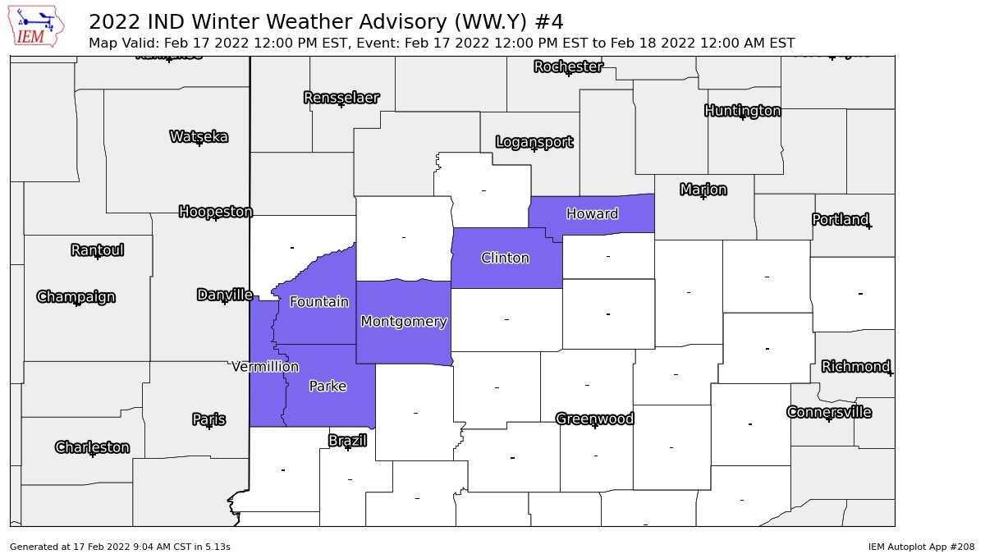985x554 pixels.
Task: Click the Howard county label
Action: [x=592, y=214]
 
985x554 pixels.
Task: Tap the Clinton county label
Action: [x=505, y=258]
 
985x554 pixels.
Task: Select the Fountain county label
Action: [x=319, y=302]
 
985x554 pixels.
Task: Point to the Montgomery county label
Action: [x=404, y=322]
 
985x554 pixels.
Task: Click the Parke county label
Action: [x=328, y=386]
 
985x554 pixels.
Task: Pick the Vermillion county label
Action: [x=265, y=366]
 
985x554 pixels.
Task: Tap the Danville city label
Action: [x=224, y=295]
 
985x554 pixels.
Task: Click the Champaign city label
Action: [x=76, y=296]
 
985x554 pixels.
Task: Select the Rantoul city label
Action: [x=97, y=250]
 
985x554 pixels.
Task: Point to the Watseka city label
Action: [x=199, y=136]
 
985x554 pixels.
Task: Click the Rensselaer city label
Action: [x=341, y=98]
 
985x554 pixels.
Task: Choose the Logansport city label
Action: [x=534, y=142]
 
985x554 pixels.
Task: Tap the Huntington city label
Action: [x=743, y=111]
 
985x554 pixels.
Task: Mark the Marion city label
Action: [x=703, y=190]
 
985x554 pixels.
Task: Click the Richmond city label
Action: [x=856, y=366]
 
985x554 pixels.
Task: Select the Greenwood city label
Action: [x=595, y=419]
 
